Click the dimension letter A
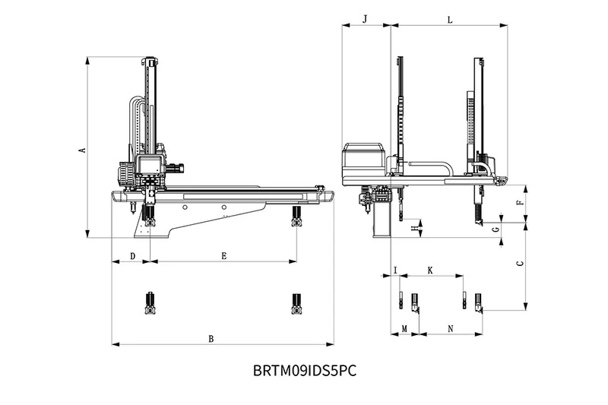pos(82,150)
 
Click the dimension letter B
pos(211,338)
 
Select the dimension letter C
pos(519,264)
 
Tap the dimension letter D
pos(133,256)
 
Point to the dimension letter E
pos(224,256)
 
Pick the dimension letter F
pos(519,203)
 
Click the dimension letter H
pos(413,228)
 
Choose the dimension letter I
pos(395,270)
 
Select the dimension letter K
pos(429,270)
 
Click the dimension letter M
pos(404,328)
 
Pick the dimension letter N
pos(451,328)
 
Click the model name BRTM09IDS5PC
pos(304,371)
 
